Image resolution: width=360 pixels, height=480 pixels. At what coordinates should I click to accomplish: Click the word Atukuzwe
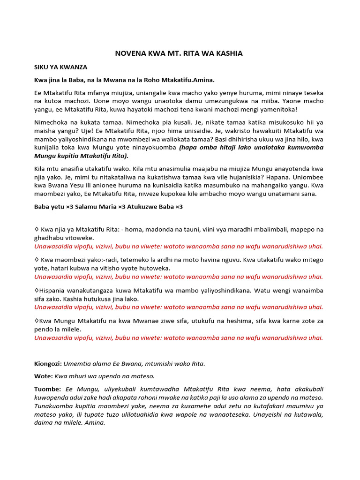pos(141,207)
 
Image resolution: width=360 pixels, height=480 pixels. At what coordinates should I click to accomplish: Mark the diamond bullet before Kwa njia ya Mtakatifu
pos(37,230)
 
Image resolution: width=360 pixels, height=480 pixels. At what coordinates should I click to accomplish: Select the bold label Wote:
pos(44,376)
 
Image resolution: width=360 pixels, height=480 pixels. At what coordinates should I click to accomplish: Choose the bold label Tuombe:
pos(48,390)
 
